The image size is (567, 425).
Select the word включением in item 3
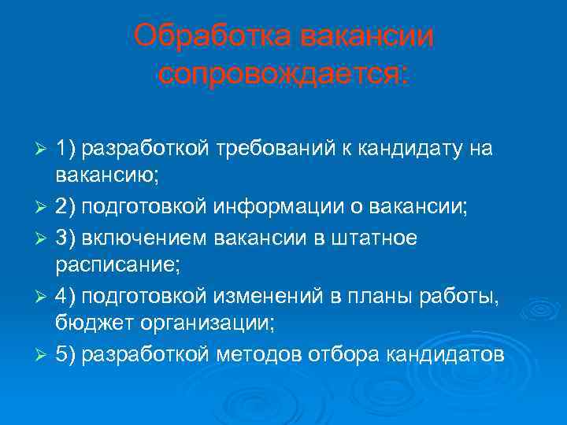point(141,237)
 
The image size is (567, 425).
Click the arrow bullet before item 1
point(44,148)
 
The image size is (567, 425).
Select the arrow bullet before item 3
point(44,238)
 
